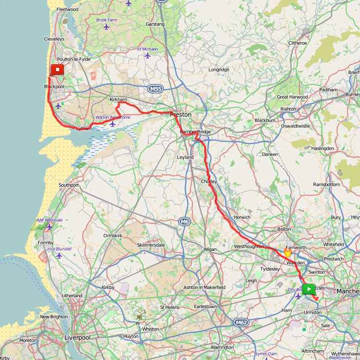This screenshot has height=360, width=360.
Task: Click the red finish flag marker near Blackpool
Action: (57, 69)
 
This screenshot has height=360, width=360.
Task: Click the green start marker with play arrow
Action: (308, 289)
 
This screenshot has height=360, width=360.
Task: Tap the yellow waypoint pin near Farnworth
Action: (287, 252)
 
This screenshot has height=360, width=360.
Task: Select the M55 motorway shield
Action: (156, 89)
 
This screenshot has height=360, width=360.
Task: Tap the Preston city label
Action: (181, 115)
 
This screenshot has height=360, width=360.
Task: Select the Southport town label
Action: (69, 185)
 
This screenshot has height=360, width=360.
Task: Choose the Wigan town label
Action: (210, 249)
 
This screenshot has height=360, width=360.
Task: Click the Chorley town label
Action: (209, 182)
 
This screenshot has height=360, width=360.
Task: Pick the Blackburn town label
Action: (265, 120)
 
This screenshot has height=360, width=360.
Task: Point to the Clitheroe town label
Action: (298, 43)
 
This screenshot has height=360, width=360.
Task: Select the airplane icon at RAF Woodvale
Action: (49, 227)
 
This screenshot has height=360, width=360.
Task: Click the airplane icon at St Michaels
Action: (148, 56)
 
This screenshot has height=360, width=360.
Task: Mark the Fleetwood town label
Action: (67, 9)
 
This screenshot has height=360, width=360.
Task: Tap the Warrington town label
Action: (222, 347)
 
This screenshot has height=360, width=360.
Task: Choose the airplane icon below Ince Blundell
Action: (59, 256)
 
